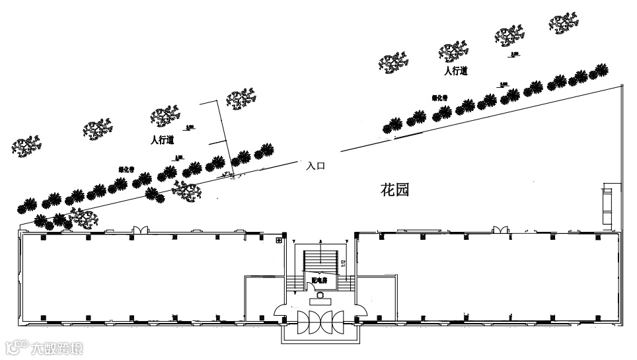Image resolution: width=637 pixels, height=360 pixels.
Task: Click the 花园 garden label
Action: (396, 190)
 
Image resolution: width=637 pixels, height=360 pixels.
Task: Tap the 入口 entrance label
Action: (317, 166)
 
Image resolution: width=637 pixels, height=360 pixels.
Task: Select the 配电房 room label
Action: (320, 281)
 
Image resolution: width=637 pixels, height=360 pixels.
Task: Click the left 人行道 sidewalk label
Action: (162, 140)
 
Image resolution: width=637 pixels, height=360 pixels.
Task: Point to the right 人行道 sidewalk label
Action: (456, 71)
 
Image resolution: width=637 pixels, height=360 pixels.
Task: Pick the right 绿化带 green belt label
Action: (440, 98)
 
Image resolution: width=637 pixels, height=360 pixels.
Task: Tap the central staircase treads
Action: (320, 260)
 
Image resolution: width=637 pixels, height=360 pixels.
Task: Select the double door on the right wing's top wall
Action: (500, 229)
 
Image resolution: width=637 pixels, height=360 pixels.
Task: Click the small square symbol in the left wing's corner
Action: (279, 240)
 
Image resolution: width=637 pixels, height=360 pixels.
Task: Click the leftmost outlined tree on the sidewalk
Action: (27, 145)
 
